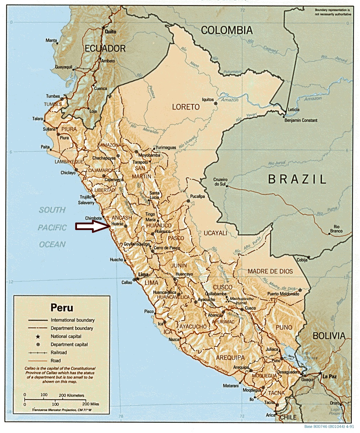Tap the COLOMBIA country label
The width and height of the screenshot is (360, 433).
point(227,30)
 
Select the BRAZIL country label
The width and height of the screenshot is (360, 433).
point(297,179)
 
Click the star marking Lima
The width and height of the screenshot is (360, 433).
point(138,279)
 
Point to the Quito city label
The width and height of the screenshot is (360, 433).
point(110,31)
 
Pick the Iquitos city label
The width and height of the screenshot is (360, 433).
point(208,100)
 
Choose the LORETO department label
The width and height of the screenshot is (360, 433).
point(186,107)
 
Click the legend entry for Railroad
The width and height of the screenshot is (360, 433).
point(58,353)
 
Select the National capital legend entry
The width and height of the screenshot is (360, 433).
point(66,336)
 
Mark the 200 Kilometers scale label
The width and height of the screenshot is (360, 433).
point(72,395)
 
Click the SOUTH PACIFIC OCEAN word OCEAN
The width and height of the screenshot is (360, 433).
point(52,244)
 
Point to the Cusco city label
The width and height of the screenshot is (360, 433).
point(250,308)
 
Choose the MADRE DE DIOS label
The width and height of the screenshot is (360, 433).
point(270,271)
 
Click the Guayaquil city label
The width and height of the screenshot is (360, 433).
point(64,67)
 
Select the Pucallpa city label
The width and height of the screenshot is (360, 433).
point(197,196)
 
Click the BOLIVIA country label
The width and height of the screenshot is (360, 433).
point(329,335)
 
